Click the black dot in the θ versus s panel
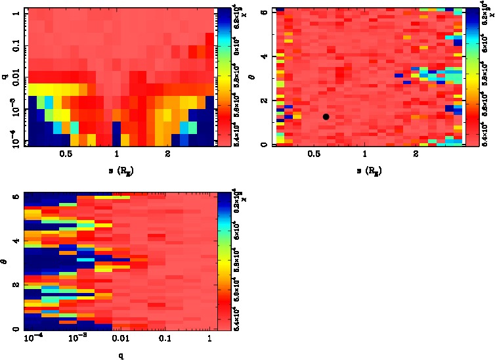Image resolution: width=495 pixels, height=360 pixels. click(326, 116)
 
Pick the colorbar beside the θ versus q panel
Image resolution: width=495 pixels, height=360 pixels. click(223, 260)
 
